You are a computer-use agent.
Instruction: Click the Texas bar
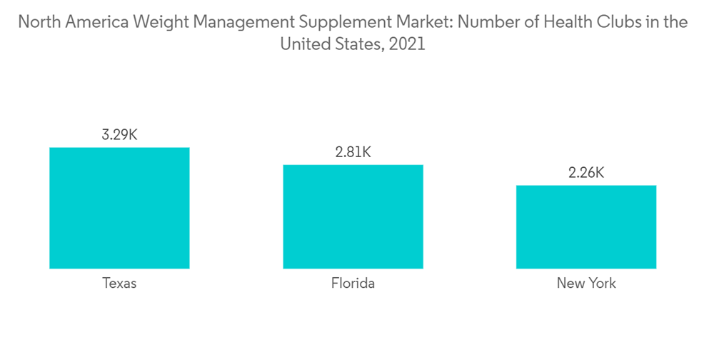119,208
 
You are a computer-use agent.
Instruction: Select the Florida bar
353,216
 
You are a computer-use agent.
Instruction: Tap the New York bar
586,227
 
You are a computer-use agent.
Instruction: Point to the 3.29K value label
119,134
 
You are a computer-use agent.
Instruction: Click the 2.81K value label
353,151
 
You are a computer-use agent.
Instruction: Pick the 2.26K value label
586,172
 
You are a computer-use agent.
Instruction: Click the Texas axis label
119,284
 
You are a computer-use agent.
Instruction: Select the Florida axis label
353,284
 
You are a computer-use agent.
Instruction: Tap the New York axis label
586,284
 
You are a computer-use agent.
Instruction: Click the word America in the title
95,22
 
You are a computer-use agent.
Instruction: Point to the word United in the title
303,44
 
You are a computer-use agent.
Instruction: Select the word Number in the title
486,22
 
